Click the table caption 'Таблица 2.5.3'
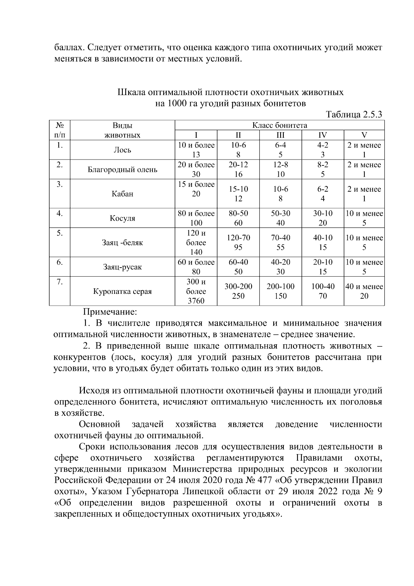pyautogui.click(x=354, y=115)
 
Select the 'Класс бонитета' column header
pyautogui.click(x=279, y=125)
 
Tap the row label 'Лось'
pyautogui.click(x=122, y=150)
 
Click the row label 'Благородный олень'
pyautogui.click(x=122, y=170)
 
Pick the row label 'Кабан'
pyautogui.click(x=122, y=194)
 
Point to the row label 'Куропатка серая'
pyautogui.click(x=122, y=291)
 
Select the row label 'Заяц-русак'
pyautogui.click(x=122, y=267)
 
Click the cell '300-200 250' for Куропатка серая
pyautogui.click(x=238, y=291)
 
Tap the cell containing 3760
pyautogui.click(x=196, y=301)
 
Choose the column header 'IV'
pyautogui.click(x=323, y=135)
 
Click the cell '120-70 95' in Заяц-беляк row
pyautogui.click(x=238, y=242)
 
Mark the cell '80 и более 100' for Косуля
pyautogui.click(x=196, y=218)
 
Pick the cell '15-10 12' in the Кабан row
pyautogui.click(x=238, y=194)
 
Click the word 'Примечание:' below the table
pyautogui.click(x=110, y=312)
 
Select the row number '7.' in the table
pyautogui.click(x=59, y=282)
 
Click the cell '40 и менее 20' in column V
pyautogui.click(x=364, y=291)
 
